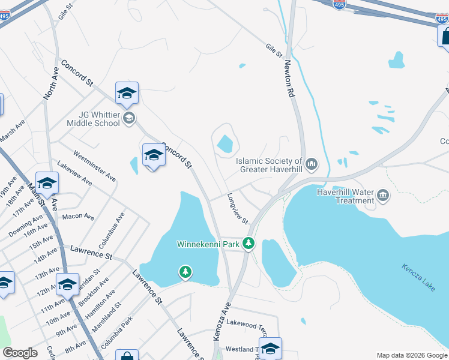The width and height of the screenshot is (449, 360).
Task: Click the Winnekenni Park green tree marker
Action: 249,244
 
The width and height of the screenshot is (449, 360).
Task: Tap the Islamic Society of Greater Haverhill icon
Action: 312,163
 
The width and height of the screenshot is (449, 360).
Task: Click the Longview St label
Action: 238,208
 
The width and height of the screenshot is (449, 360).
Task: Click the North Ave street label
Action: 51,83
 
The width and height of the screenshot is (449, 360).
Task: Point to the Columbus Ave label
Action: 112,230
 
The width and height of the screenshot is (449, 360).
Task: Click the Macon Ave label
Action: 78,216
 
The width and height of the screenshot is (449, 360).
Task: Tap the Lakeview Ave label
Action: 74,172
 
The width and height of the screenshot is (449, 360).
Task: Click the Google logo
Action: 20,353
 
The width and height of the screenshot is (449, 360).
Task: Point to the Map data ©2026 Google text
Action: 411,355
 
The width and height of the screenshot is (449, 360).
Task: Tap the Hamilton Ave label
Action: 99,305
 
